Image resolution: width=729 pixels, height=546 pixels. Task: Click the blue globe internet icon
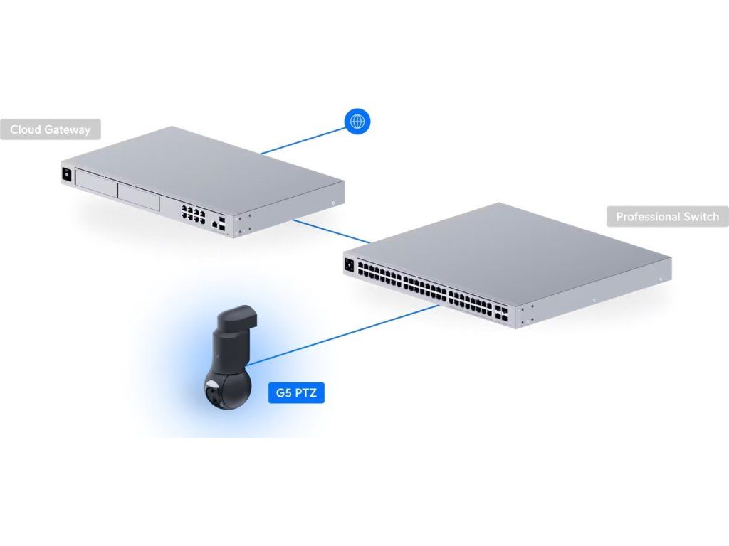click(357, 121)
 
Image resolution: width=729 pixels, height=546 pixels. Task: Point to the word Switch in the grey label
click(701, 217)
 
